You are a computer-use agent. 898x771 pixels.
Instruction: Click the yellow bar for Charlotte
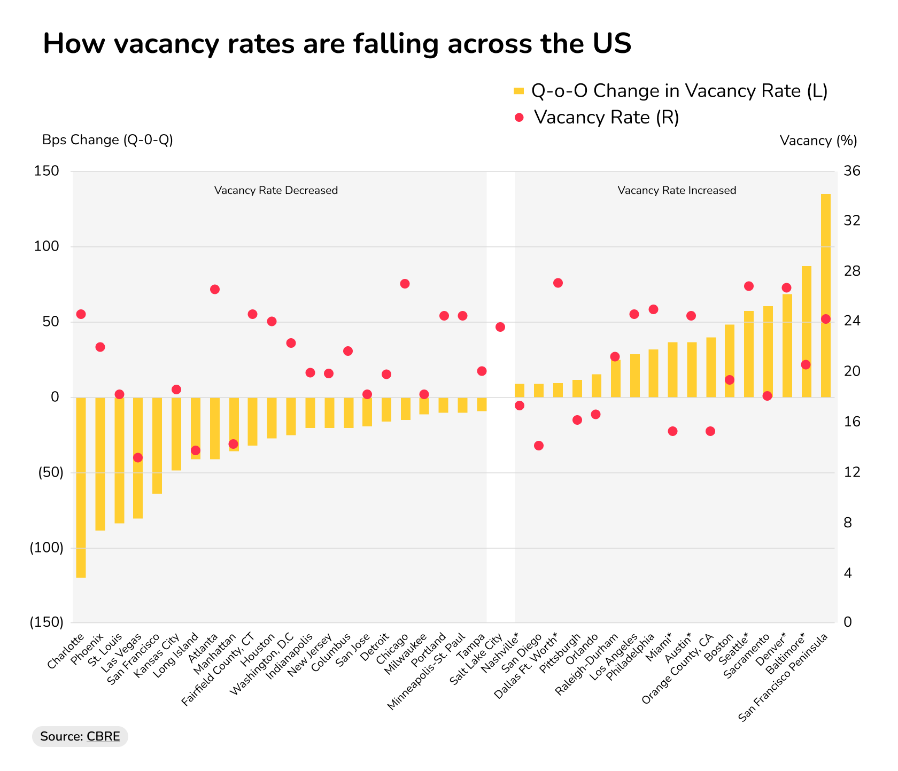(x=81, y=487)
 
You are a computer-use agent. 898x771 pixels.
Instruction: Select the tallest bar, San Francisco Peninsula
(x=825, y=295)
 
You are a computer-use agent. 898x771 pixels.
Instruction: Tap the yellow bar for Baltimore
(x=807, y=331)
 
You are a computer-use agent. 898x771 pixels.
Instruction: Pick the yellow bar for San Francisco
(x=157, y=445)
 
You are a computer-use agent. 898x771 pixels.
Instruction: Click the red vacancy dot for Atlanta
(x=215, y=290)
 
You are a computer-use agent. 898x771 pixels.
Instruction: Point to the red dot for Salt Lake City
(x=500, y=327)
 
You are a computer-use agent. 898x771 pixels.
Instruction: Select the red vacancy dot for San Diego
(x=539, y=446)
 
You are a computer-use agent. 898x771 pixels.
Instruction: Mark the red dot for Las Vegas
(x=138, y=457)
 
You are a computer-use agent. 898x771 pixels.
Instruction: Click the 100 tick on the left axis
(x=47, y=246)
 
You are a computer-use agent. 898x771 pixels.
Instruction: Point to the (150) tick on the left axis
(x=46, y=622)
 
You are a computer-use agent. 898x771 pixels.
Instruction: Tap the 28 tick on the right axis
(x=852, y=271)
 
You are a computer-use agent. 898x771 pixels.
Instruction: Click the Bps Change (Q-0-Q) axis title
(x=107, y=140)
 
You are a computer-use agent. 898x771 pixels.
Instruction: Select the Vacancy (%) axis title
(x=818, y=141)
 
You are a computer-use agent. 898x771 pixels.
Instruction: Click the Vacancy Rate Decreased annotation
(x=276, y=191)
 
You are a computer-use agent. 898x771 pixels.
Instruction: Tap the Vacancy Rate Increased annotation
(x=677, y=191)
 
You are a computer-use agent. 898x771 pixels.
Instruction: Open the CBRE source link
(x=103, y=736)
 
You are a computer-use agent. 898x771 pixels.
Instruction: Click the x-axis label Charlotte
(x=66, y=651)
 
